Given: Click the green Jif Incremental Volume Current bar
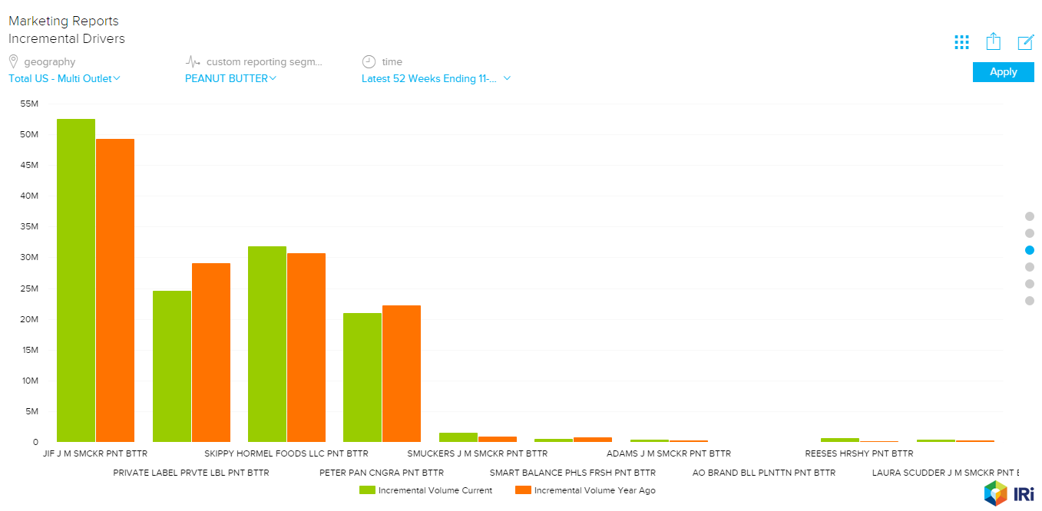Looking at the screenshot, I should click(x=76, y=280).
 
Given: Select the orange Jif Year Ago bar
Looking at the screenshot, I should click(x=115, y=290).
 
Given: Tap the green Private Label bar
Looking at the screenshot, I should click(x=172, y=366).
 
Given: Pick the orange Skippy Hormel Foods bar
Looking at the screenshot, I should click(x=306, y=347).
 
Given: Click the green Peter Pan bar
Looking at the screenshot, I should click(x=362, y=377).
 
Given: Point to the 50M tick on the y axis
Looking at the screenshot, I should click(x=29, y=134).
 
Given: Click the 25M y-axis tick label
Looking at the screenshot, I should click(x=29, y=288).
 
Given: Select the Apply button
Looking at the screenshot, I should click(x=1003, y=72).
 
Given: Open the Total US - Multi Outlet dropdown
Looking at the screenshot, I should click(x=65, y=78).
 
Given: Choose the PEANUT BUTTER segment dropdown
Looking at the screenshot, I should click(x=230, y=78).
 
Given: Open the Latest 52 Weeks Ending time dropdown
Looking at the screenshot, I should click(x=436, y=78).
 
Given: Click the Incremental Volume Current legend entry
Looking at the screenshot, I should click(x=426, y=490).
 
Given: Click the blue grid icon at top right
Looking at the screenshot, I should click(x=961, y=42).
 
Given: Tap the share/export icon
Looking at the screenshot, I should click(x=994, y=41).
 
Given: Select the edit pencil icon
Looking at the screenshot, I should click(x=1026, y=42).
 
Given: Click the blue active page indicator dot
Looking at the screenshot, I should click(x=1030, y=250).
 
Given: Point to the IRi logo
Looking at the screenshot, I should click(x=1008, y=493).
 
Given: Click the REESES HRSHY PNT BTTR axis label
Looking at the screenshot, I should click(x=858, y=453).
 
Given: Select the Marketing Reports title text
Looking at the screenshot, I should click(x=64, y=21).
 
